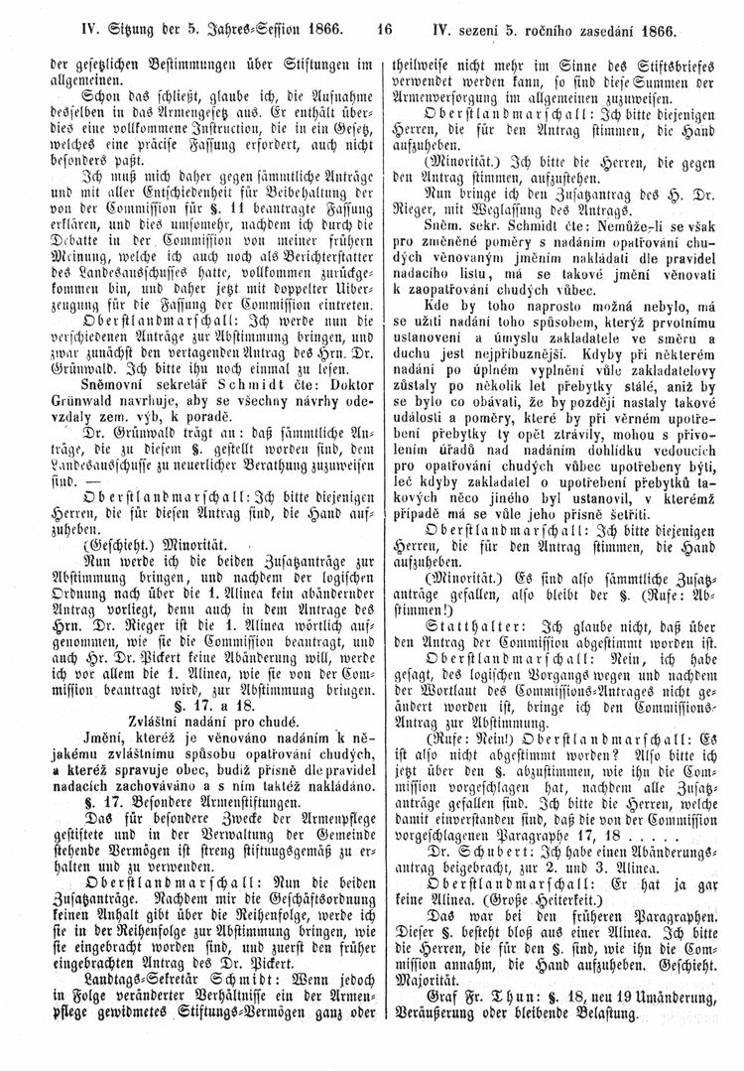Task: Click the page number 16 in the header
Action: pyautogui.click(x=372, y=17)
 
